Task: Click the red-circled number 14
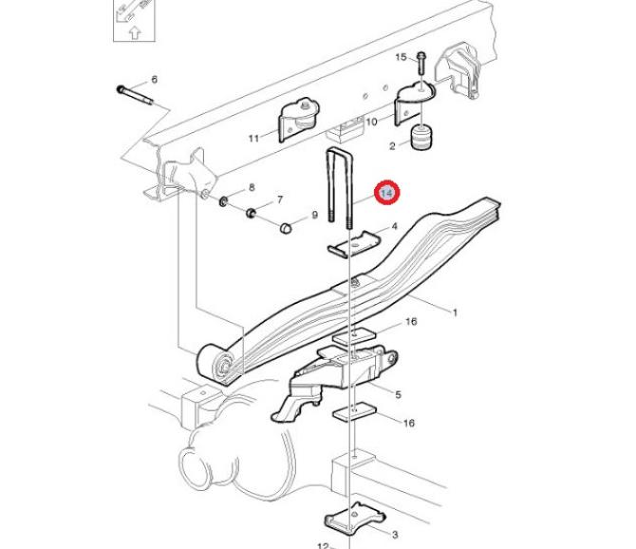(x=387, y=193)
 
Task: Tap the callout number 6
(x=154, y=80)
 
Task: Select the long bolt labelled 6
(x=135, y=95)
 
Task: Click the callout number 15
(x=401, y=57)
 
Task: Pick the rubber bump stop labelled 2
(x=421, y=138)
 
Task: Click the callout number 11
(x=253, y=139)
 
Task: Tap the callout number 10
(x=371, y=122)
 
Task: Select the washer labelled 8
(x=223, y=200)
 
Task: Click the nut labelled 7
(x=251, y=213)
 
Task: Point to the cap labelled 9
(x=286, y=228)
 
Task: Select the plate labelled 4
(x=353, y=244)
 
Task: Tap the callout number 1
(x=455, y=312)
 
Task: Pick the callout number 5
(x=398, y=394)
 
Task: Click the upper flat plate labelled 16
(x=354, y=336)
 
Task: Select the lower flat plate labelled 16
(x=354, y=412)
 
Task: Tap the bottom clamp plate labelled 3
(x=354, y=519)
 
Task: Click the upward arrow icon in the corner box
(x=135, y=32)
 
